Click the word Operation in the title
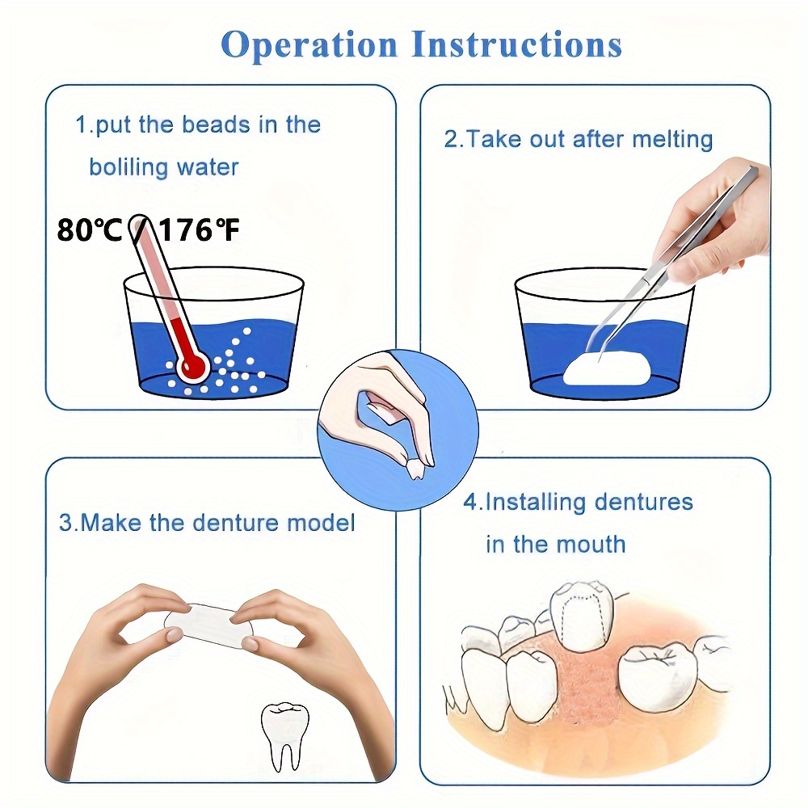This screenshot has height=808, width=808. click(x=309, y=45)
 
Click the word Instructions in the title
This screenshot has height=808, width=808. click(x=517, y=44)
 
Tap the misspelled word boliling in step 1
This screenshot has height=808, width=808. click(x=128, y=167)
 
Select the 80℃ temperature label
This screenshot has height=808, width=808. click(x=89, y=229)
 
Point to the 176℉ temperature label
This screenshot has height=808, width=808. click(x=198, y=229)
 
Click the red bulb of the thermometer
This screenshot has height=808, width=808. click(x=193, y=368)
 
